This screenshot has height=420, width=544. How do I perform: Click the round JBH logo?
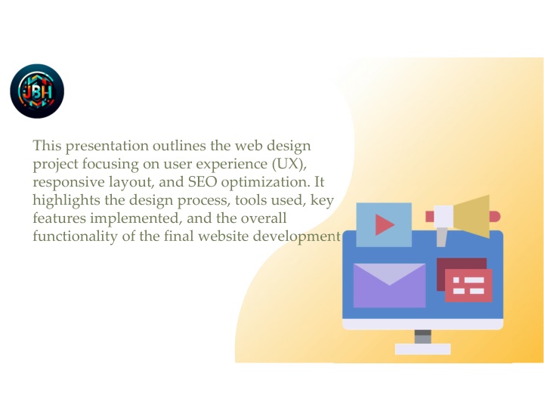(37, 91)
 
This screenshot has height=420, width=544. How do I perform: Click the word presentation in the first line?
(107, 146)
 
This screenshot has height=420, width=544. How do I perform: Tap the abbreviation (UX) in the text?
(289, 164)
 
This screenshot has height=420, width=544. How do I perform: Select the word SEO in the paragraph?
(202, 182)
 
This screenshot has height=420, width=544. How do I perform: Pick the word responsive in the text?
(68, 182)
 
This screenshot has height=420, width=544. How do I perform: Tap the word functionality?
(75, 236)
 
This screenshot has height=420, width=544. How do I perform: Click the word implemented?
(136, 218)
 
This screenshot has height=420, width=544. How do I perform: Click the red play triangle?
(384, 224)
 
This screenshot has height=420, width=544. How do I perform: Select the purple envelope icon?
(389, 286)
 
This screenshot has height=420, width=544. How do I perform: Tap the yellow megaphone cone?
(471, 216)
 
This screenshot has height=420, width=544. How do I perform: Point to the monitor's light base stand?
(422, 349)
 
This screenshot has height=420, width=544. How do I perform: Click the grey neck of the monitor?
(422, 336)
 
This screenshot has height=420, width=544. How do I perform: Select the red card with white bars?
(468, 286)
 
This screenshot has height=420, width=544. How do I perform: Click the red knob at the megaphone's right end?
(495, 217)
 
